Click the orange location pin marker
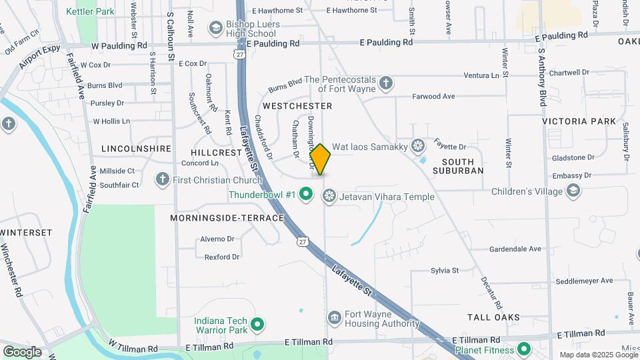click(320, 159)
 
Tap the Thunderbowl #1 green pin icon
click(306, 195)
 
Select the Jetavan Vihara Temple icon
click(328, 196)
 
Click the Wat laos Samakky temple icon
click(418, 145)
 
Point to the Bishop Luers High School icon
click(215, 28)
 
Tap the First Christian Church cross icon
click(162, 179)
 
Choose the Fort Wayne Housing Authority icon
click(335, 316)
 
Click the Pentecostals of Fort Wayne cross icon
click(385, 83)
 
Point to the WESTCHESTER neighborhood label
click(297, 106)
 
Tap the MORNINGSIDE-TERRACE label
click(227, 218)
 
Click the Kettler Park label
click(91, 11)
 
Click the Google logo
click(22, 351)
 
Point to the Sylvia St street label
click(445, 271)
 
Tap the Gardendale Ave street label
click(515, 249)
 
